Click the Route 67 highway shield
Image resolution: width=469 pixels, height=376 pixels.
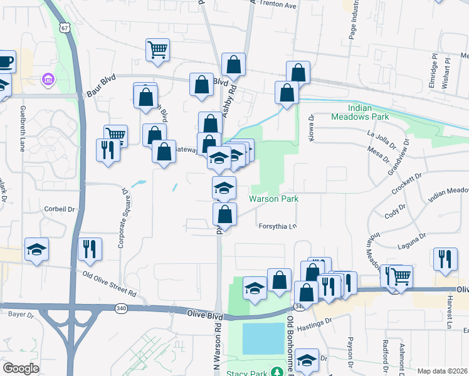64,28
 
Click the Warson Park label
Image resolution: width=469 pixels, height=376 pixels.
273,199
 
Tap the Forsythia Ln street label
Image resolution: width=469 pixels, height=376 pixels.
277,227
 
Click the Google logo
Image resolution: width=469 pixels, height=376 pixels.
21,368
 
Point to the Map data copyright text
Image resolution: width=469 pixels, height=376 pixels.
442,371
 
